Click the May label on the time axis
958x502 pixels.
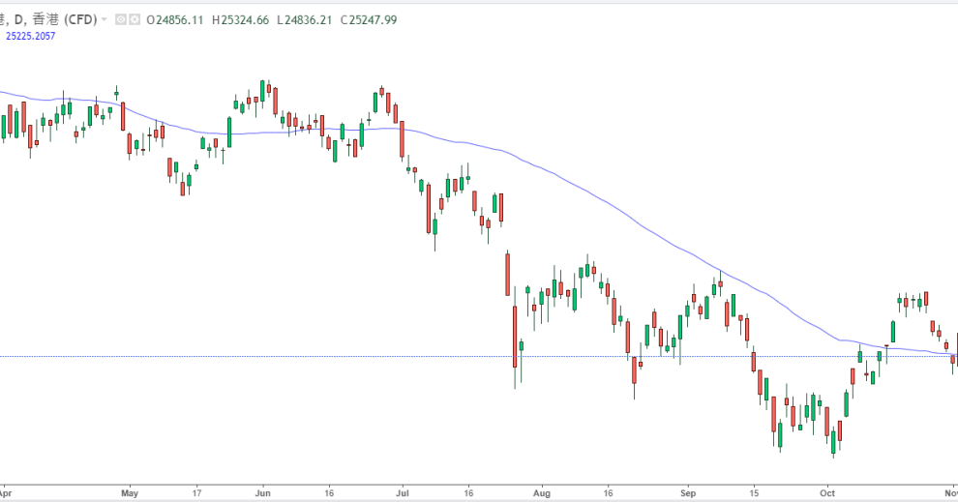point(130,491)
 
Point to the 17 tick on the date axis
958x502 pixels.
point(196,491)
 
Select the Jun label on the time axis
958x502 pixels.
point(263,491)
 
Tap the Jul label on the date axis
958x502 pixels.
point(400,491)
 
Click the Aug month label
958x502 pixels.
point(540,491)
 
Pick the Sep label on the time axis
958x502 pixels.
point(688,491)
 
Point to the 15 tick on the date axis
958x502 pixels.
point(756,491)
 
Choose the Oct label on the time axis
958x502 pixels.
point(827,491)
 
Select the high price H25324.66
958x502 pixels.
point(241,19)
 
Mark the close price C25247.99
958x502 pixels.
point(370,19)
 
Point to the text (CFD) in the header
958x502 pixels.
point(81,19)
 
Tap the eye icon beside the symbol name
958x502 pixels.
point(119,19)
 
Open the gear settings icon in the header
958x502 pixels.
point(133,19)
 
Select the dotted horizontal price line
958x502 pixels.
point(290,356)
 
